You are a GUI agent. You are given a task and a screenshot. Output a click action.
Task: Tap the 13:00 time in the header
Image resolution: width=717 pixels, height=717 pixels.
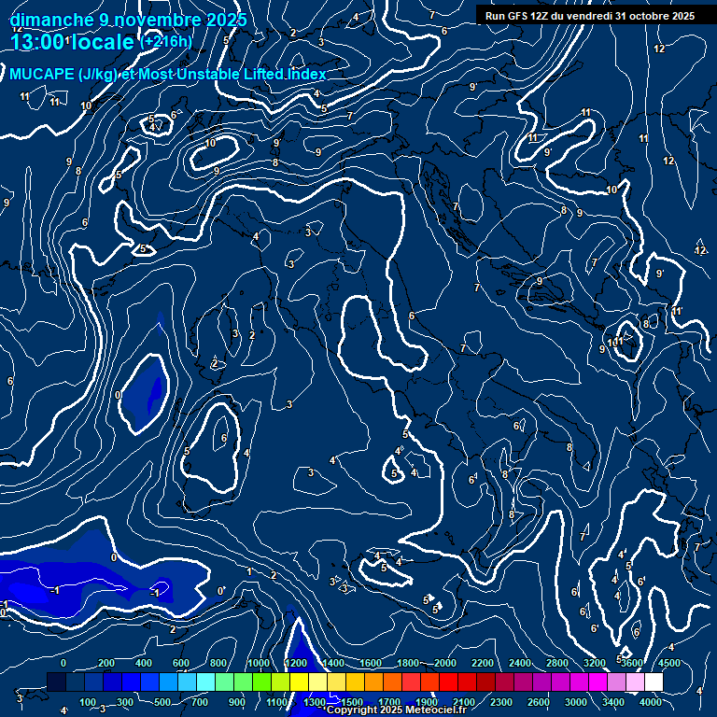36,42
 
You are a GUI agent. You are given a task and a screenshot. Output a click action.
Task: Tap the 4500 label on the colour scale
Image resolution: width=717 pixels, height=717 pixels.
670,663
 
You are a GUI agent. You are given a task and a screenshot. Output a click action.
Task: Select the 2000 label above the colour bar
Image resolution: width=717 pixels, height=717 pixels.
445,663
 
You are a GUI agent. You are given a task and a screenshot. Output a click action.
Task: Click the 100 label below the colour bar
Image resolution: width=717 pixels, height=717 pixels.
88,702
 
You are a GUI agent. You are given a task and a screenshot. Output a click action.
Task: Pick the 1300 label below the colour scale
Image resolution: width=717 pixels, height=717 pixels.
315,702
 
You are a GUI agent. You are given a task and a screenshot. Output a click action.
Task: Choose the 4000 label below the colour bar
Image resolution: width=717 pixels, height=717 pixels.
652,702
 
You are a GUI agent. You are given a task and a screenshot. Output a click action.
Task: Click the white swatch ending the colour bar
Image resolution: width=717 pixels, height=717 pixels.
654,682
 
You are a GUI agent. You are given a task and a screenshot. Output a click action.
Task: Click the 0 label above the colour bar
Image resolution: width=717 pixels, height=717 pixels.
63,663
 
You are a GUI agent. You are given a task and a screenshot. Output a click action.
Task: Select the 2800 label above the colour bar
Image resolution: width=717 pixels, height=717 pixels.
557,663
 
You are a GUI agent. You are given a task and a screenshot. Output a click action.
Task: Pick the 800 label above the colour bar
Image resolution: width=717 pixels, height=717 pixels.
219,663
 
